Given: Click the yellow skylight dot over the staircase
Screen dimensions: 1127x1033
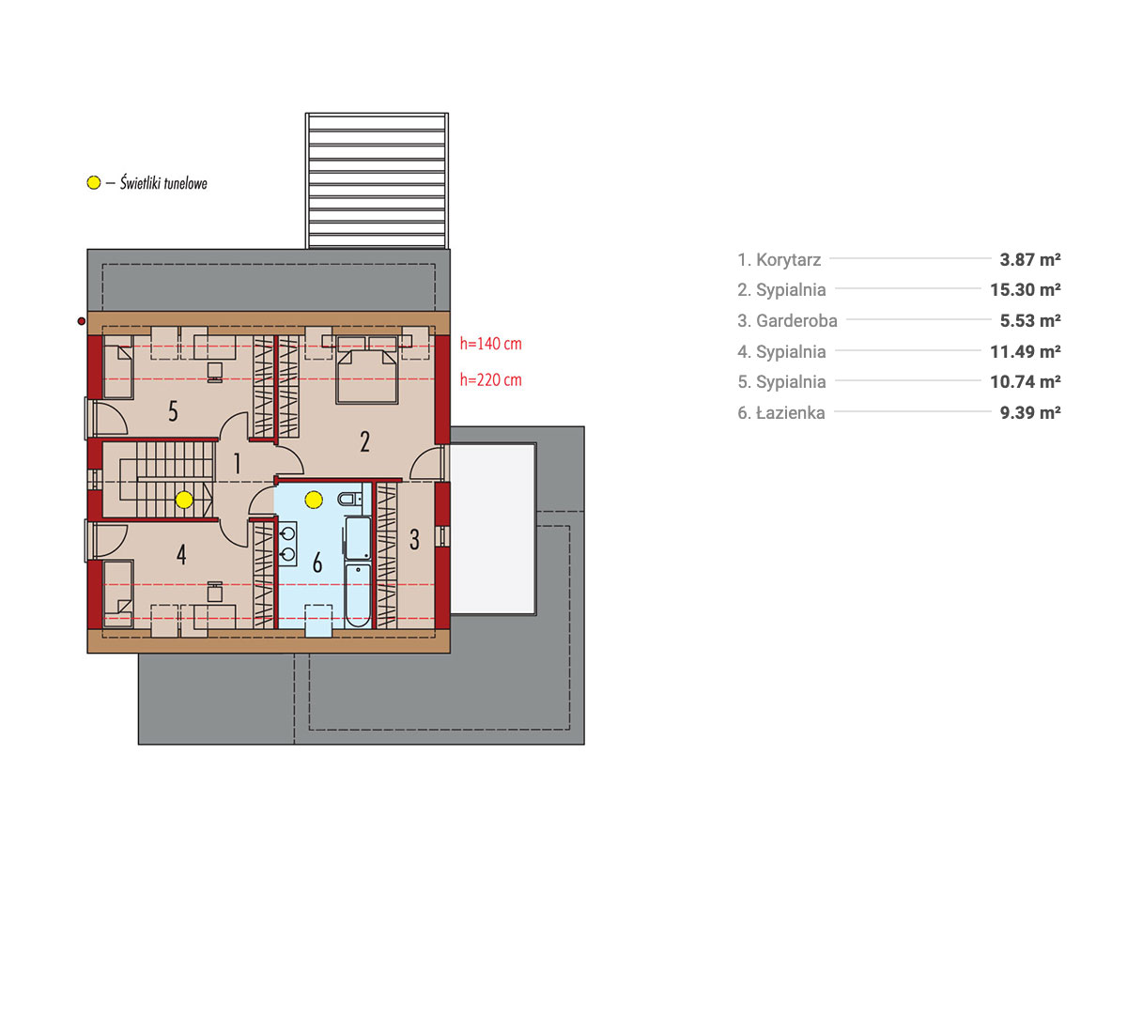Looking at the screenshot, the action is click(x=184, y=500).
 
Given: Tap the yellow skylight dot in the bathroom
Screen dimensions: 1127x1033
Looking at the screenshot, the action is click(x=314, y=499).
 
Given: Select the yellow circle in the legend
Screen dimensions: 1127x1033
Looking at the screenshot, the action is click(x=94, y=183).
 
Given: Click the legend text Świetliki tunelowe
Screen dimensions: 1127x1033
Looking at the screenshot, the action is click(x=163, y=183).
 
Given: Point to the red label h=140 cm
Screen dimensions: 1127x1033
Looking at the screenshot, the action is click(x=491, y=344).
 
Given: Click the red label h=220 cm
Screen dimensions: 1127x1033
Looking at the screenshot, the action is click(x=491, y=380).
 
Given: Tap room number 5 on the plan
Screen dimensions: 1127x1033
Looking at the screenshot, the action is click(x=173, y=411).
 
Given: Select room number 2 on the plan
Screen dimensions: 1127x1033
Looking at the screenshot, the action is click(x=364, y=441).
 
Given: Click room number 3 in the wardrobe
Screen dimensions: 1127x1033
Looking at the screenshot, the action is click(x=414, y=540).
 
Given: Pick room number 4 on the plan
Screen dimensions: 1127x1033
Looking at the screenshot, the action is click(x=181, y=554).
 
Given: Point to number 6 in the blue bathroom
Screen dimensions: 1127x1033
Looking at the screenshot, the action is click(x=317, y=563).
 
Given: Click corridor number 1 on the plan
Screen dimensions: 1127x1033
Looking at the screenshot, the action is click(x=237, y=464).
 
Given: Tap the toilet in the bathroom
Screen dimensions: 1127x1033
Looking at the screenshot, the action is click(x=350, y=498).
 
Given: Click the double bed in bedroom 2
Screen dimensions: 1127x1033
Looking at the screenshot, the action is click(x=367, y=370).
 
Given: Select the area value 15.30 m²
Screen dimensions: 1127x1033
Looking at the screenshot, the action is click(x=1026, y=289).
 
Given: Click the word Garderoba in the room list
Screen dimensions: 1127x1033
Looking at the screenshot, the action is click(x=796, y=320).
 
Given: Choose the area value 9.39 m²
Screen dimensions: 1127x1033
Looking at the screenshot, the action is click(x=1030, y=412).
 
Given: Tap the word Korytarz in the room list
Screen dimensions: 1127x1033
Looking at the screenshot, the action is click(x=789, y=259).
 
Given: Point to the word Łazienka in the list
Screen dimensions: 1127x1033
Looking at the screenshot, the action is click(x=791, y=412).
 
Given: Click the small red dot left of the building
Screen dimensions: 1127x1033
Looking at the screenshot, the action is click(x=82, y=321).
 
